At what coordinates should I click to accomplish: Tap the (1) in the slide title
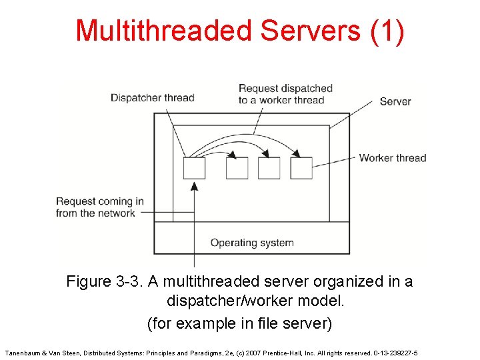point(387,31)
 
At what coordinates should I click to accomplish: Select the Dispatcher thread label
point(152,97)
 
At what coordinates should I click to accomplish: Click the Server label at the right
point(395,101)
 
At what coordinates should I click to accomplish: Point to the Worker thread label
point(393,158)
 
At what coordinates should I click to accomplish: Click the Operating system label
point(252,243)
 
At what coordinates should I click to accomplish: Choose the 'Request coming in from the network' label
point(99,207)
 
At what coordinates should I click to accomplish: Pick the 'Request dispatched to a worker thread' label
point(285,94)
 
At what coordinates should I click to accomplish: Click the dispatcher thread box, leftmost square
point(194,168)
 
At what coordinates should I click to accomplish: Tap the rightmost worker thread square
point(301,168)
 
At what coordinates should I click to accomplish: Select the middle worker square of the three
point(269,168)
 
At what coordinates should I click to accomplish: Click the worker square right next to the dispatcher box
point(237,168)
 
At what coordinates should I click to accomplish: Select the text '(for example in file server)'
point(239,323)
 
